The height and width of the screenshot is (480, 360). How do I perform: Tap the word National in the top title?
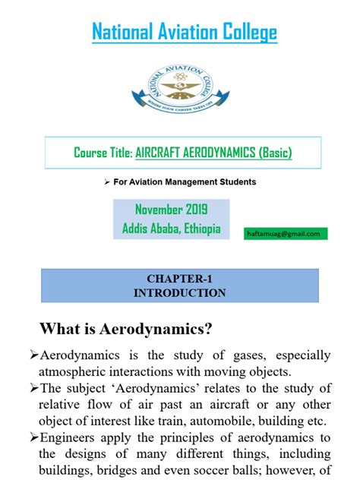tap(124, 32)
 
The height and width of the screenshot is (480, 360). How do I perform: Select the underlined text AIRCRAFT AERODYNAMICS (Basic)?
tap(213, 153)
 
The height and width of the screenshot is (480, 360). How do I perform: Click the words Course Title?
tap(103, 153)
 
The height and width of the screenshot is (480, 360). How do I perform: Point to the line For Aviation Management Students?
tap(185, 182)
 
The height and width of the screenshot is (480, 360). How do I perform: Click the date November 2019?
tap(171, 210)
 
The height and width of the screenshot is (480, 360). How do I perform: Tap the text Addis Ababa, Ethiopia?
tap(171, 227)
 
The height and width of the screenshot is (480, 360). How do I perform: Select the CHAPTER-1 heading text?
tap(180, 279)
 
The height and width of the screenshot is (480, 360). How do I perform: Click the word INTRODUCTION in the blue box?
tap(180, 292)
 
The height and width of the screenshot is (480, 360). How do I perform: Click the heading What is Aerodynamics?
tap(125, 329)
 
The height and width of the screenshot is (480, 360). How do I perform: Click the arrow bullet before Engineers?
tap(33, 437)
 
